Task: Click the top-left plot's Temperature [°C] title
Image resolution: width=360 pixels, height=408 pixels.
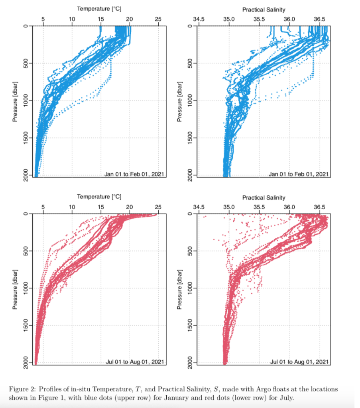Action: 99,9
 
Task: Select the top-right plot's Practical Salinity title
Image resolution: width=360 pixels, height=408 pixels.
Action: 264,9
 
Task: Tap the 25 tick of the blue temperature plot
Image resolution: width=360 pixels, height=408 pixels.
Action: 158,19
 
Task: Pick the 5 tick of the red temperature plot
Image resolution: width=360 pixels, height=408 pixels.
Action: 43,207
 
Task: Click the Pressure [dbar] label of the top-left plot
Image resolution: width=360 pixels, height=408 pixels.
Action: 16,100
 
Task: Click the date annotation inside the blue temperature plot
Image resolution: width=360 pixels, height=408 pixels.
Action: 134,174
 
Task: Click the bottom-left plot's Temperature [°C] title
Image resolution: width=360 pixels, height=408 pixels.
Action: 99,196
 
